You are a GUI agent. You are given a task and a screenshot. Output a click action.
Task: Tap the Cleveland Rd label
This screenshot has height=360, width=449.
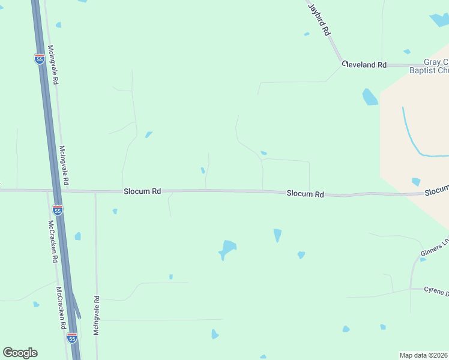pos(364,64)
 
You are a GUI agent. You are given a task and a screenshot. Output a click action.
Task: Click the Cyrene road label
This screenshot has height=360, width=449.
pos(436,292)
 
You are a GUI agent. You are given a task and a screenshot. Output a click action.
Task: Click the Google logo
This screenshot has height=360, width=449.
pos(20,353)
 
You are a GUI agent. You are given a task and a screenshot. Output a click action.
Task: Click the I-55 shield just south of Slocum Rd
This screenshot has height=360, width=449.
pos(58,210)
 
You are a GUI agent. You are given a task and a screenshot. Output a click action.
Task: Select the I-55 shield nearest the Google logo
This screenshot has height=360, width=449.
pos(72,338)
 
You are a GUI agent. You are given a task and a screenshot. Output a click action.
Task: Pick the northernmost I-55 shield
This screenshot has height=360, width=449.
pos(39,58)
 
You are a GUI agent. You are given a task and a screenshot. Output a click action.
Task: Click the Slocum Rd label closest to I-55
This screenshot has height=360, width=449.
pos(142,191)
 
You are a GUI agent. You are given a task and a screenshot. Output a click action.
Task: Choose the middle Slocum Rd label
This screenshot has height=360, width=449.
pos(305,194)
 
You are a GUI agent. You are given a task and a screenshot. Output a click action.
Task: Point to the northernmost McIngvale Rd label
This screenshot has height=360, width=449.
pos(53,64)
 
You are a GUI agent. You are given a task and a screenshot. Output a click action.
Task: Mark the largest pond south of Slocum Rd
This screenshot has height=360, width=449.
pos(228,248)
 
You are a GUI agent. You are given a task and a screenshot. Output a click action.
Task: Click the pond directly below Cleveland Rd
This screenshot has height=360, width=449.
pos(370,97)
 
